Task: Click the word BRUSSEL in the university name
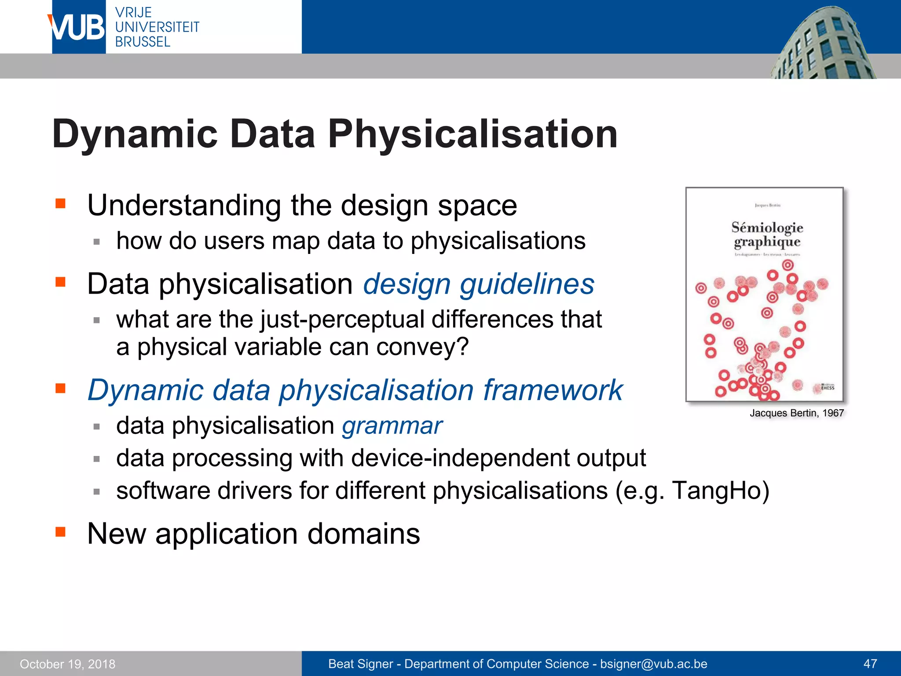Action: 143,42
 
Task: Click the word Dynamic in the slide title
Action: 135,134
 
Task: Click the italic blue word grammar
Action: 392,426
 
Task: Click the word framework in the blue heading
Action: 553,390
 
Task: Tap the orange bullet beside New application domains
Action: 60,532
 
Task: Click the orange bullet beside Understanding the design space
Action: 60,203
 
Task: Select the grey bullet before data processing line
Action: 97,459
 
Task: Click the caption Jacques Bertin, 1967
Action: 796,413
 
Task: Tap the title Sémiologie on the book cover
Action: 767,228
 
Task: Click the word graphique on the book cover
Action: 767,242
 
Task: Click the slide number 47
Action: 870,664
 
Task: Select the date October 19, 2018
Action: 67,664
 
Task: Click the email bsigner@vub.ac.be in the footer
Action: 653,664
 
